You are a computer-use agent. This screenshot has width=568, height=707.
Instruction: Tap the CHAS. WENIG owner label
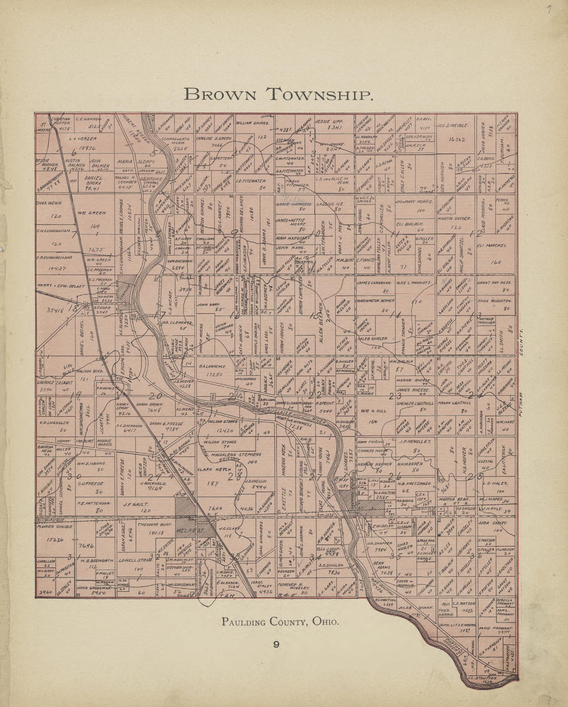[x=48, y=203]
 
